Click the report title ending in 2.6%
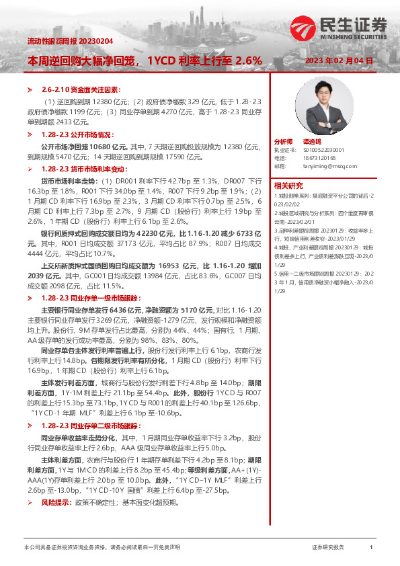click(144, 60)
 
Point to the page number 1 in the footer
click(370, 548)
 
